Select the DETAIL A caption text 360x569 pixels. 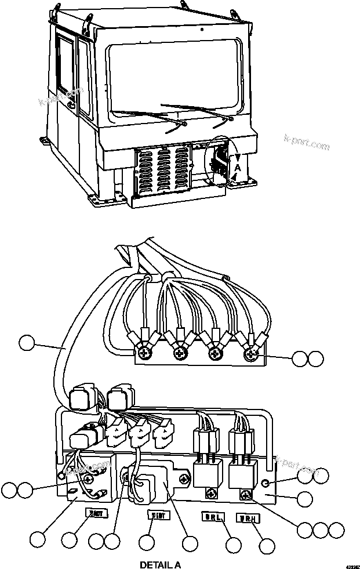tap(161, 564)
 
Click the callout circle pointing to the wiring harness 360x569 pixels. tap(26, 343)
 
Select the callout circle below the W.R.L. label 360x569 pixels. tap(233, 545)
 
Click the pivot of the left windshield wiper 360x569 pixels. tap(183, 124)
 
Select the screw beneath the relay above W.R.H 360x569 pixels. tap(246, 494)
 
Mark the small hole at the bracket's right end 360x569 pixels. tap(265, 483)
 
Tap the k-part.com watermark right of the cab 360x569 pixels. tap(307, 143)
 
